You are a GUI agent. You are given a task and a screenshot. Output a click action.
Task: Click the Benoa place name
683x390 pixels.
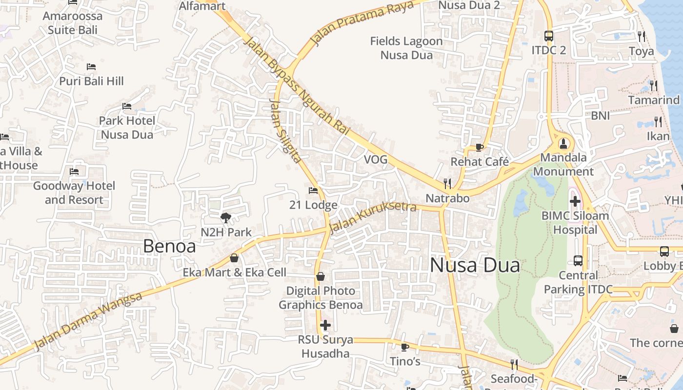click(169, 246)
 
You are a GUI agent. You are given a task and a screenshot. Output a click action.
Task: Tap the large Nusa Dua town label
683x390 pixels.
click(475, 265)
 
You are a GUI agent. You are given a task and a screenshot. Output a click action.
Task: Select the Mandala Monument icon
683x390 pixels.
click(564, 143)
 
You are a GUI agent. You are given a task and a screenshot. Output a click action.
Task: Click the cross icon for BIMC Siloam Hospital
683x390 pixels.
click(575, 201)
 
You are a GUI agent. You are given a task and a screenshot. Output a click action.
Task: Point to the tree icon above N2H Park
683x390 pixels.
click(225, 217)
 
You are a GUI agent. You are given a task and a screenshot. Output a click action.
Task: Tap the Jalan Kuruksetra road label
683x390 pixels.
click(373, 217)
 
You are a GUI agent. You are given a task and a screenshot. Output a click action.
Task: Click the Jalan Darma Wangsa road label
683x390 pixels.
click(88, 321)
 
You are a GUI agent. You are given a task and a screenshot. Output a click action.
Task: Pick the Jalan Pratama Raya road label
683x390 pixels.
click(362, 22)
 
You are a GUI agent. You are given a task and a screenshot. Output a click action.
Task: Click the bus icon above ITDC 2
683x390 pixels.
click(549, 36)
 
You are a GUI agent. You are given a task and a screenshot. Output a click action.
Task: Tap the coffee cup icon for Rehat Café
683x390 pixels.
click(479, 147)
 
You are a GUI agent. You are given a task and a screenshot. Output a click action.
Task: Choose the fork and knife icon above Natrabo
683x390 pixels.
click(447, 183)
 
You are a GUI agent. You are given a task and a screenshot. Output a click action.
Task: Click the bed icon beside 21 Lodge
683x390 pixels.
click(313, 191)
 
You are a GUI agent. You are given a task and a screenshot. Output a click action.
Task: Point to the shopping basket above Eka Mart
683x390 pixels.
click(234, 258)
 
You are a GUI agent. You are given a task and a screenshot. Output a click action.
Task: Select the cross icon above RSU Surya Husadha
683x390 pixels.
click(325, 325)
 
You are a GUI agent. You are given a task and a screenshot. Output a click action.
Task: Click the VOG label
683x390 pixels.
click(376, 159)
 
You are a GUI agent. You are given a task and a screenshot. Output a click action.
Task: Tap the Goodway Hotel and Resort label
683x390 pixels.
click(74, 193)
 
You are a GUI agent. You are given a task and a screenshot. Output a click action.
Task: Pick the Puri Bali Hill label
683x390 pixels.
click(92, 81)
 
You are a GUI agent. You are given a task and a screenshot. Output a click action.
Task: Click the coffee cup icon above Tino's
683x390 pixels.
click(404, 347)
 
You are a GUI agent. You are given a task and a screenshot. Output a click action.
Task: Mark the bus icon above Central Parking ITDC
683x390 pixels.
click(578, 260)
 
